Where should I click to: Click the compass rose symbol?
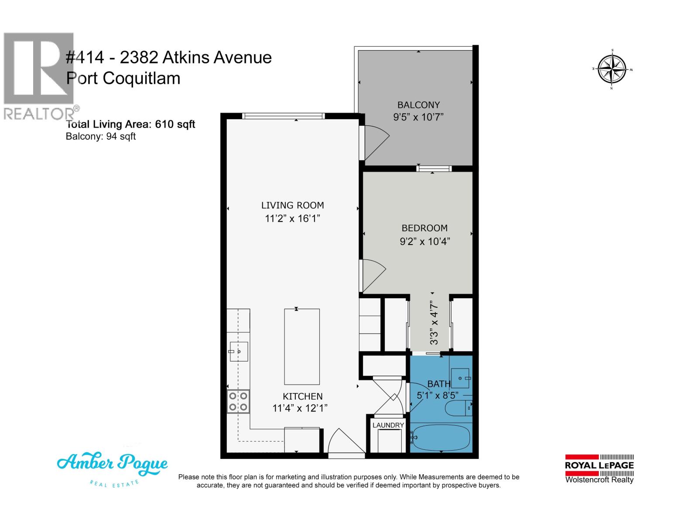[x=612, y=69]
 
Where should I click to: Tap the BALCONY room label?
[x=418, y=105]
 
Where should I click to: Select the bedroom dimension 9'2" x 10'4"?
[x=424, y=241]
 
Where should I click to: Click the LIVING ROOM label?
[x=292, y=205]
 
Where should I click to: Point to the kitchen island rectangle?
[x=302, y=346]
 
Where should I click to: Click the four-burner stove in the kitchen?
[x=238, y=402]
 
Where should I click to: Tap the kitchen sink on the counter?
[x=239, y=352]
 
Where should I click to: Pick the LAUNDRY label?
[x=388, y=425]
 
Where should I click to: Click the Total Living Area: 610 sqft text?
[x=130, y=124]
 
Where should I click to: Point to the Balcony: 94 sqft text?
[x=101, y=136]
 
